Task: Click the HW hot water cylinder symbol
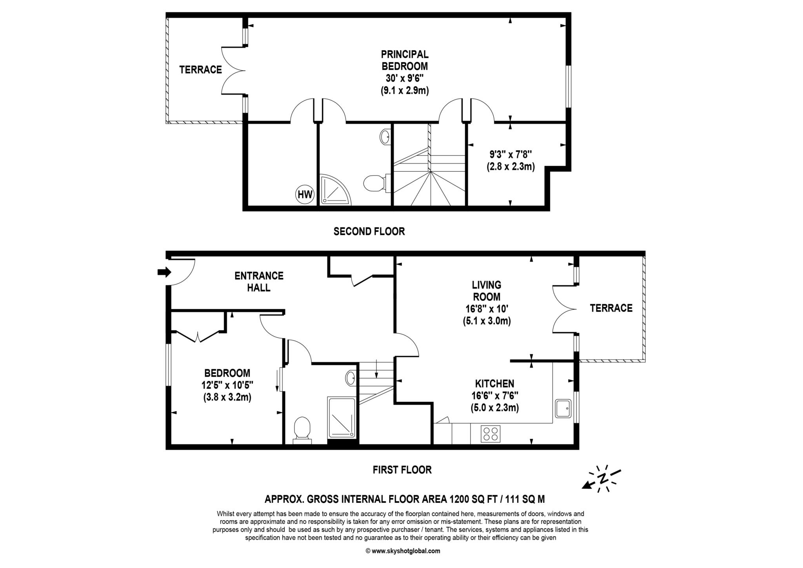tap(305, 194)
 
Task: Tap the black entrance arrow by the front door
tap(164, 272)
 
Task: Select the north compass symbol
tap(602, 478)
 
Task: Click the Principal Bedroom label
tap(405, 60)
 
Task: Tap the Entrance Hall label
tap(259, 282)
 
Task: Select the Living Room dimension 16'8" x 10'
tap(487, 309)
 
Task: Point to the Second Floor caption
tap(369, 231)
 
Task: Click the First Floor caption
tap(402, 470)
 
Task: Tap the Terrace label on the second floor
tap(201, 70)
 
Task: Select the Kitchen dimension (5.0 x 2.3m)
tap(495, 408)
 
